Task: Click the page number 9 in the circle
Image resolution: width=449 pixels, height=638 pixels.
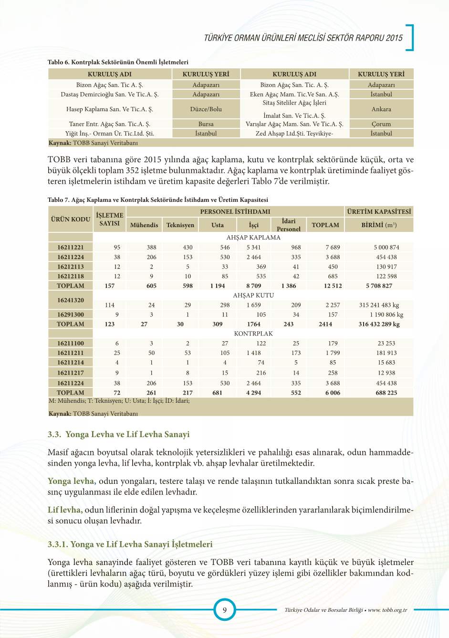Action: tap(224, 609)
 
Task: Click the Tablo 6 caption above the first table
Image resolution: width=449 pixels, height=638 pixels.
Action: tap(118, 62)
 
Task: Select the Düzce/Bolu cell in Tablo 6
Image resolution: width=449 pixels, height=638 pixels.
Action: tap(206, 109)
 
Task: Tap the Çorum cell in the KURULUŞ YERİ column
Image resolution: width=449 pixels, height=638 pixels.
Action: tap(381, 124)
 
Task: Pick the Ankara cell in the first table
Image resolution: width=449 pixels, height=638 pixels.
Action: tap(381, 109)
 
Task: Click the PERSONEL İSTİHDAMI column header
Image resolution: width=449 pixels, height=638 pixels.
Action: tap(235, 211)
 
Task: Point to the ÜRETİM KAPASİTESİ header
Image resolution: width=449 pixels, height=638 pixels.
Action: tap(379, 211)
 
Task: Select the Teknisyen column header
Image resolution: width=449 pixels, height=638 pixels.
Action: tap(180, 225)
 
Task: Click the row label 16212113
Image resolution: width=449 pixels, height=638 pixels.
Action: tap(71, 267)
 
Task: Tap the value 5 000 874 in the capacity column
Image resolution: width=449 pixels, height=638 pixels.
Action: tap(386, 247)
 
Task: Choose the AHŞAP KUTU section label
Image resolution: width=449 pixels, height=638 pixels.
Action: tap(253, 295)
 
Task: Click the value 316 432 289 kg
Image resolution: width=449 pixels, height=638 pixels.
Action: tap(379, 324)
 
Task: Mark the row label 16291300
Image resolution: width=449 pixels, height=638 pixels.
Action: tap(71, 314)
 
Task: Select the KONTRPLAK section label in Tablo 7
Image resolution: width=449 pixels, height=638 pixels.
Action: tap(253, 334)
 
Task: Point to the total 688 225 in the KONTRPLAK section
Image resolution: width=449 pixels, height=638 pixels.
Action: tap(386, 393)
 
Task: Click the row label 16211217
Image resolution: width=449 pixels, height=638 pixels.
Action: tap(71, 373)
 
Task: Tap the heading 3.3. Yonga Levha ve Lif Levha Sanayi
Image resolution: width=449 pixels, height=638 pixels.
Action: tap(118, 434)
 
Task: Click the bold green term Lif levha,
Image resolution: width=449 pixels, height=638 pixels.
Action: tap(65, 510)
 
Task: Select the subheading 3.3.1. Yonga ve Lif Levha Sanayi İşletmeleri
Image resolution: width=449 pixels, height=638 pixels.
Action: tap(130, 544)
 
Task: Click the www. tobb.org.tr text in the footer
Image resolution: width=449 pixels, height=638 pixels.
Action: tap(387, 610)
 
